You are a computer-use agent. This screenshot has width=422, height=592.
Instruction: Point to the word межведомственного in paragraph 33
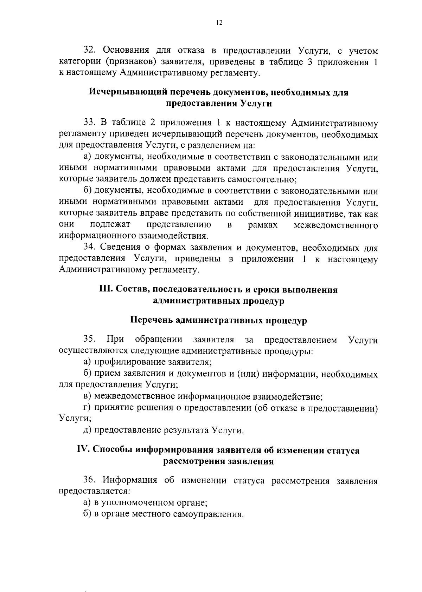click(336, 225)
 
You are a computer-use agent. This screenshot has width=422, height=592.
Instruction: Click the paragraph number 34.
click(90, 248)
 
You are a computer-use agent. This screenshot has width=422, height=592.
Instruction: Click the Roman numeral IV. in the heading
click(83, 450)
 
